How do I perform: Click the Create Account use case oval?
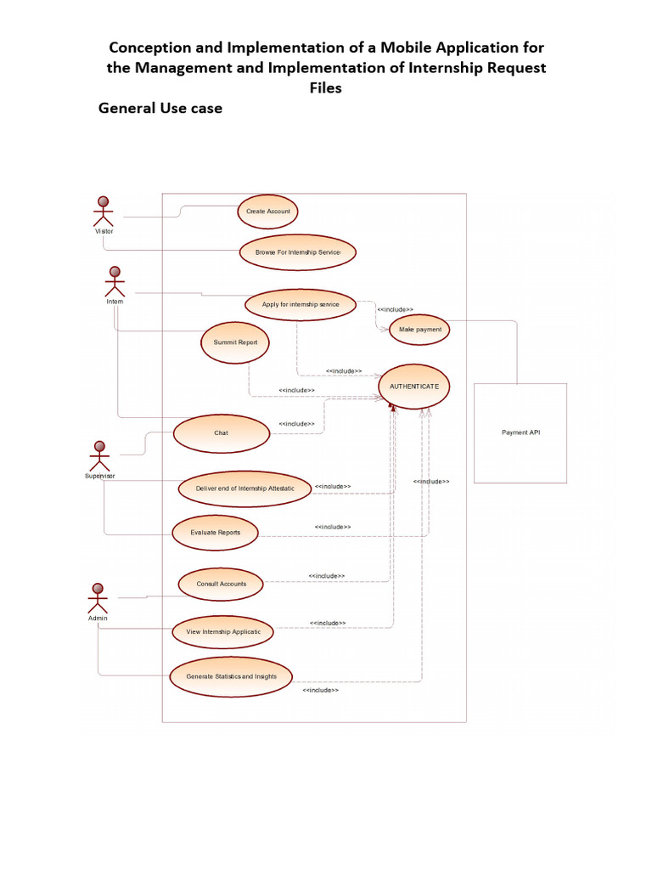click(x=267, y=212)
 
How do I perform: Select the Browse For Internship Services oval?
click(x=298, y=252)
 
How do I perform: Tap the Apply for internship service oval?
click(x=301, y=305)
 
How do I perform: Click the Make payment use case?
click(x=419, y=330)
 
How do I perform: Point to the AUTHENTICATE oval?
click(x=414, y=387)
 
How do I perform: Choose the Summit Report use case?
click(x=235, y=343)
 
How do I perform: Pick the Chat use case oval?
click(x=222, y=433)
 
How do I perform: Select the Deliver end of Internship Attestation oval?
click(x=244, y=489)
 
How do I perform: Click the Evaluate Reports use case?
click(x=215, y=533)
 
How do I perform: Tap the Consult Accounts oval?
click(x=221, y=585)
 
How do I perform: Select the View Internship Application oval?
click(x=223, y=632)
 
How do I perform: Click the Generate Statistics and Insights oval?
click(x=231, y=677)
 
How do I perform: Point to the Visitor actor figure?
click(x=103, y=212)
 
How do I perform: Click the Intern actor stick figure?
click(x=115, y=282)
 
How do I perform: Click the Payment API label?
click(x=520, y=432)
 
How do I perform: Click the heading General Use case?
click(x=160, y=108)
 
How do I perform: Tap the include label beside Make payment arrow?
click(x=396, y=309)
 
